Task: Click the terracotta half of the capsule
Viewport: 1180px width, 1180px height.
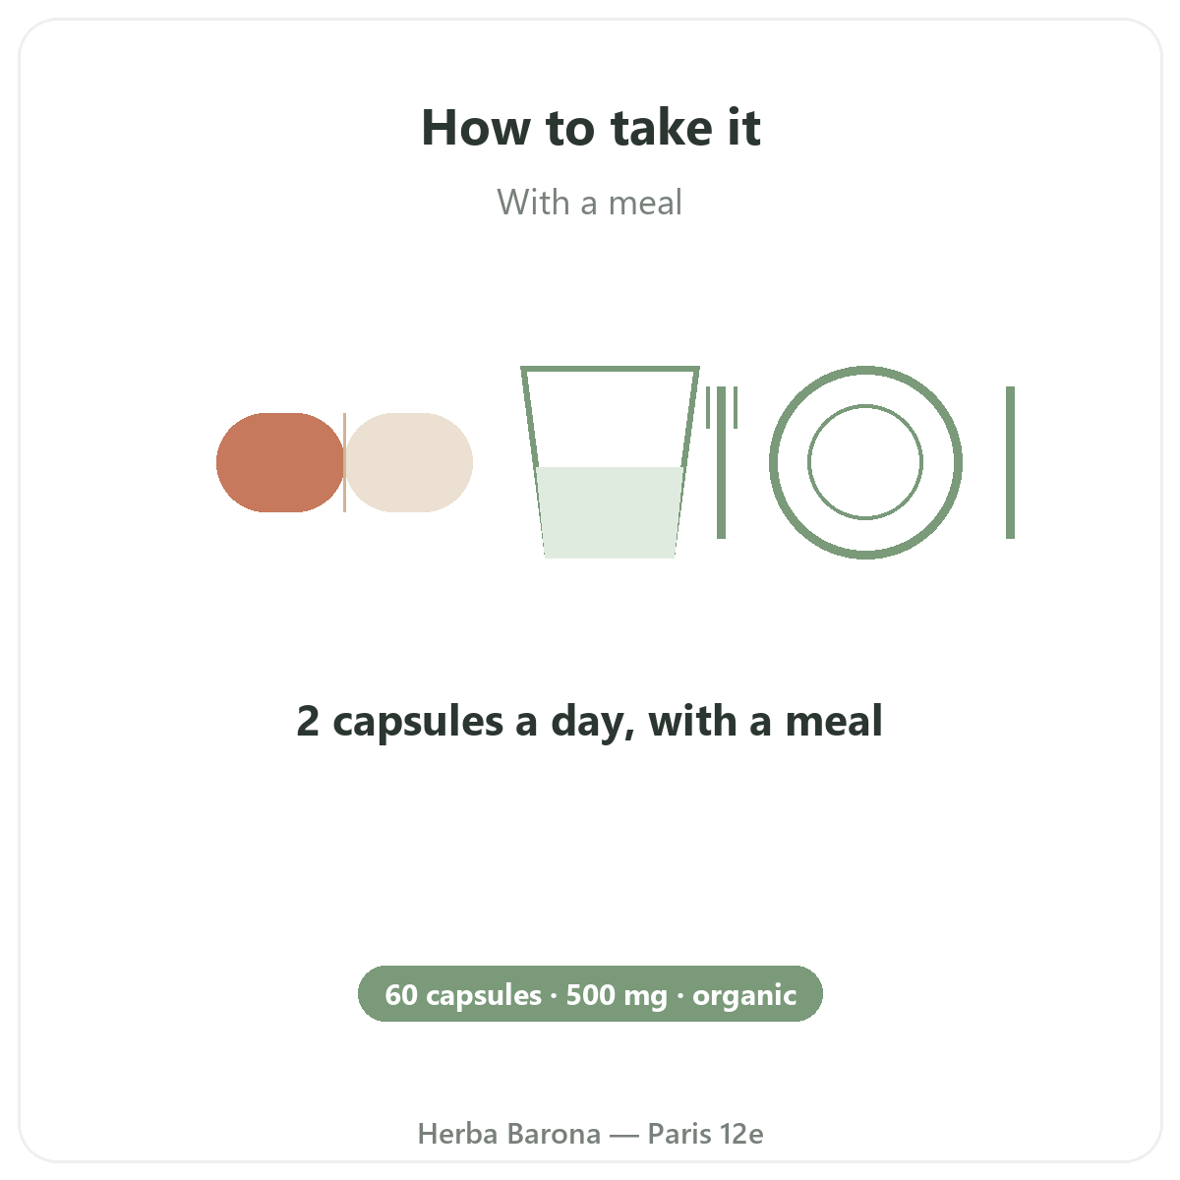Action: click(x=280, y=462)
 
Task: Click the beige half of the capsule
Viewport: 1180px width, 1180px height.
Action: click(x=409, y=462)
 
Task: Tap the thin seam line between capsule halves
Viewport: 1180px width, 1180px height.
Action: click(x=345, y=462)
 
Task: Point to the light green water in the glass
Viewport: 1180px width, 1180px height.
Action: click(x=610, y=512)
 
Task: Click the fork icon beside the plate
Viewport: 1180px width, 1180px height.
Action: click(x=722, y=462)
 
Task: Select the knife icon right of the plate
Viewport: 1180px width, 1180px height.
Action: click(x=1011, y=462)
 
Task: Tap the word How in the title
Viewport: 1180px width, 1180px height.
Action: click(x=476, y=128)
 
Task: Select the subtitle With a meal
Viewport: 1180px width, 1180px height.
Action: click(x=590, y=203)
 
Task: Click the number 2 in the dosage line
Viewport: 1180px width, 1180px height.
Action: click(x=308, y=721)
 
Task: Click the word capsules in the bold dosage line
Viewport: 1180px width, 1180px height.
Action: click(x=418, y=723)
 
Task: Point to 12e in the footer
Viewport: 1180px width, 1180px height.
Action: click(x=742, y=1134)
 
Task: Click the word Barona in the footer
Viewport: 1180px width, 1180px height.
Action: click(x=555, y=1134)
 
